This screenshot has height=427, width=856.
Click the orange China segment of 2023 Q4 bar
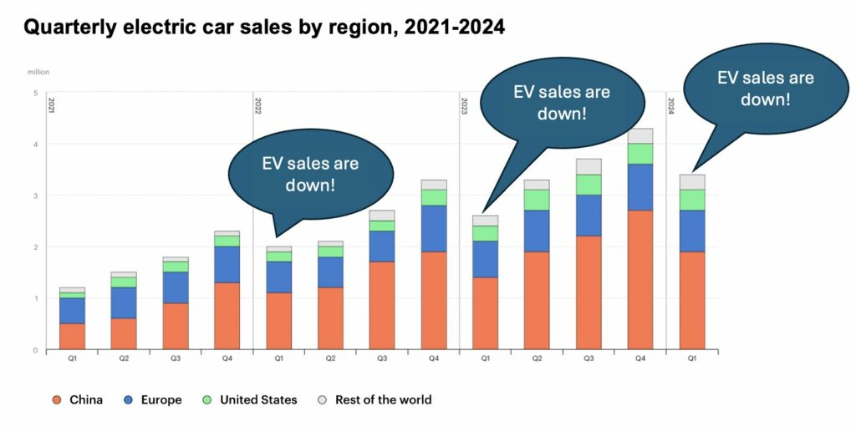coord(639,280)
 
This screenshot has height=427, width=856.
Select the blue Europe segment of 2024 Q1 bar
coord(691,231)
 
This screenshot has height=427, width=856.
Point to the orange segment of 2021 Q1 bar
coord(72,336)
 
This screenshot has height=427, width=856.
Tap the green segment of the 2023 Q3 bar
coord(588,185)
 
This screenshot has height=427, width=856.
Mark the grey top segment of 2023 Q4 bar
coord(639,135)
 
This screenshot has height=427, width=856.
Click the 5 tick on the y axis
coord(35,93)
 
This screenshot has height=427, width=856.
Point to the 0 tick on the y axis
coord(35,349)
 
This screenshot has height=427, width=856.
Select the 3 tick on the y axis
coord(35,196)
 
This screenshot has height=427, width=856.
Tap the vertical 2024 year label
coord(671,105)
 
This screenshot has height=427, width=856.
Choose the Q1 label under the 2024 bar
coord(691,358)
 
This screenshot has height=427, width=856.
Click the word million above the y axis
coord(38,73)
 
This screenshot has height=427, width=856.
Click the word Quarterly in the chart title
coord(70,28)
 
